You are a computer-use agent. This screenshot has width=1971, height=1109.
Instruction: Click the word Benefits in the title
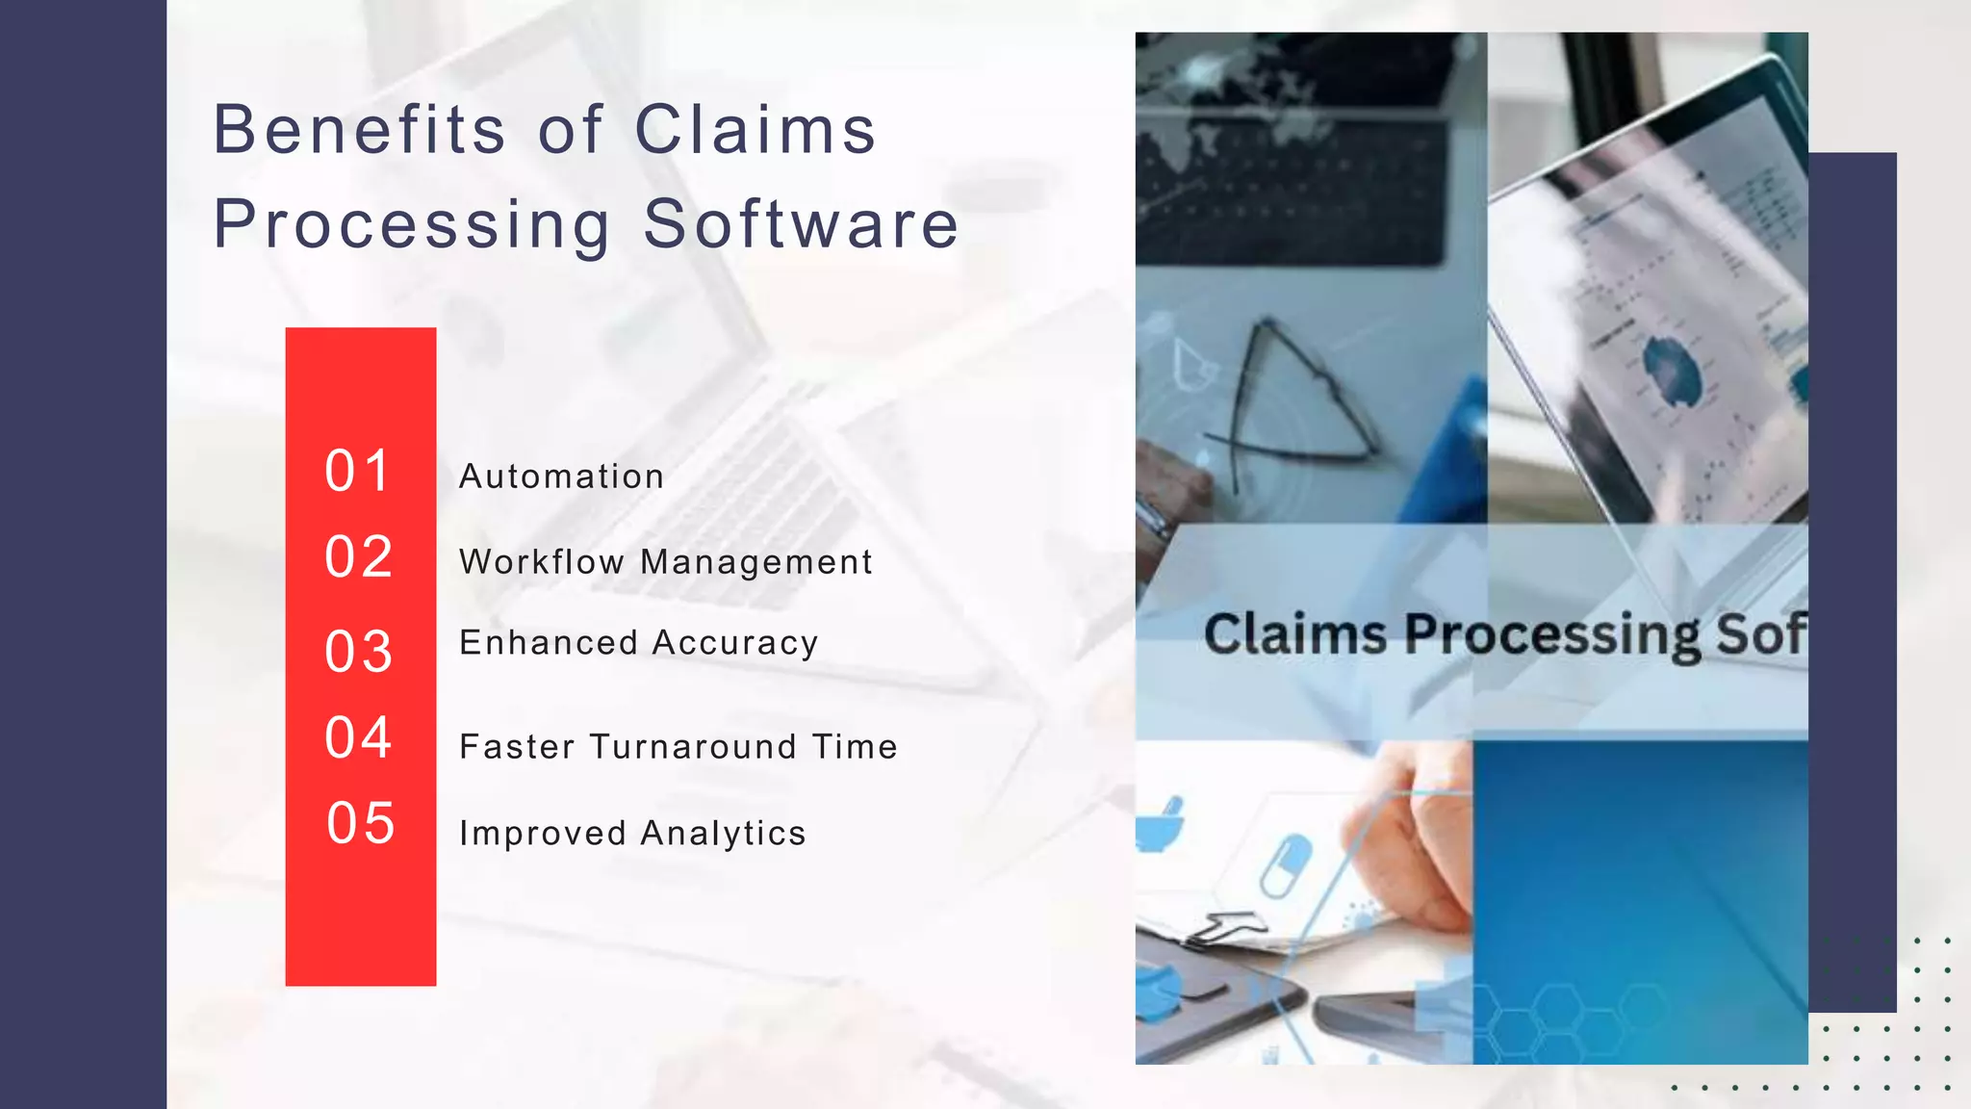click(359, 130)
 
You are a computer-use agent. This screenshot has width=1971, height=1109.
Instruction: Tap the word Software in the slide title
click(801, 224)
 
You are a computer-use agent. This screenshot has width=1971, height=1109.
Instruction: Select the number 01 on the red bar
click(358, 471)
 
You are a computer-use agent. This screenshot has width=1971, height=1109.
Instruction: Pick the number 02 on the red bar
click(359, 556)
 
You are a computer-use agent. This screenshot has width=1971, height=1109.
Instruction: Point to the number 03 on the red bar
click(359, 652)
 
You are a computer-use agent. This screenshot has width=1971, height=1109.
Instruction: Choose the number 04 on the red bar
click(359, 737)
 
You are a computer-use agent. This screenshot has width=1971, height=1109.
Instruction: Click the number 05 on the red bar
click(361, 823)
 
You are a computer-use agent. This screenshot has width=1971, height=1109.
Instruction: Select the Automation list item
click(562, 477)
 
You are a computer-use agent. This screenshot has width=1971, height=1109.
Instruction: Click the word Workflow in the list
click(542, 562)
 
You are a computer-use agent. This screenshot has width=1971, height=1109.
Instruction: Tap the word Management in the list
click(756, 562)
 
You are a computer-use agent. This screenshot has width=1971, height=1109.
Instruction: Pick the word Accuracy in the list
click(735, 643)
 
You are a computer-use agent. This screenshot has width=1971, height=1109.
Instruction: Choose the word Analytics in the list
click(723, 834)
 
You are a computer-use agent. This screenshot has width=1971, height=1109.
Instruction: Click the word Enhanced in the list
click(549, 643)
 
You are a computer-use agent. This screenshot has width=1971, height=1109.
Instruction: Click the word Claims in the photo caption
click(1295, 635)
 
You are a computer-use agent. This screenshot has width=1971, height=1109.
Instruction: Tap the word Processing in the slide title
click(412, 224)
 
